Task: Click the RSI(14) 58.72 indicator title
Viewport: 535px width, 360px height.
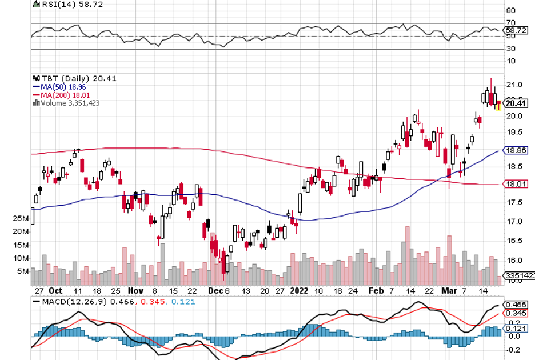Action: click(x=64, y=3)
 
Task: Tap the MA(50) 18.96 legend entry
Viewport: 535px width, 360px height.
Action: click(x=62, y=87)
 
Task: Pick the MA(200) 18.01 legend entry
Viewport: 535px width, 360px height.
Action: click(x=65, y=95)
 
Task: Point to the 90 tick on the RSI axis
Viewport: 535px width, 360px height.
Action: click(x=510, y=10)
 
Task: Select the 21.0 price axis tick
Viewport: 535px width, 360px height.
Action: click(x=513, y=85)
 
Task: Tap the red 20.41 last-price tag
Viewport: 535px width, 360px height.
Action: click(x=516, y=103)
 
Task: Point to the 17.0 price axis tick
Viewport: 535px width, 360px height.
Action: click(x=513, y=221)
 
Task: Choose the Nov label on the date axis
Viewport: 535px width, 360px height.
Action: click(x=135, y=290)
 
